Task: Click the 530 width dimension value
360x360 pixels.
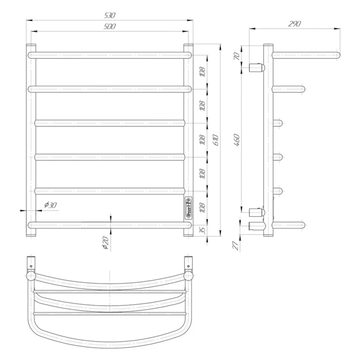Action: (x=110, y=16)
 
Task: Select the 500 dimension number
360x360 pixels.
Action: (x=110, y=26)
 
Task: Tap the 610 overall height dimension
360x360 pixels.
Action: (x=216, y=140)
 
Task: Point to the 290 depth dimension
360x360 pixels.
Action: (x=294, y=24)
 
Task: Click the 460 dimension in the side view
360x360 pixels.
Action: (x=236, y=140)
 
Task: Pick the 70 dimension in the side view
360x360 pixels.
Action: (x=236, y=56)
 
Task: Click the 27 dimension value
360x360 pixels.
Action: (x=236, y=246)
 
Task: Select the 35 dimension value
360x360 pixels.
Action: (x=202, y=230)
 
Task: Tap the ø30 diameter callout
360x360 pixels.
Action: (x=50, y=205)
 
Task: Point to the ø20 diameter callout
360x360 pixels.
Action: (x=106, y=243)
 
